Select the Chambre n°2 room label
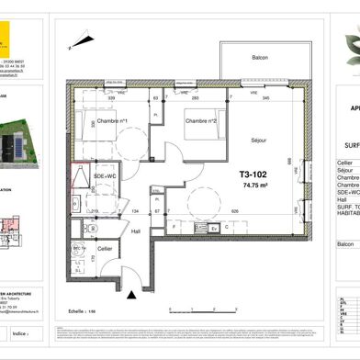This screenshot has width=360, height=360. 201,121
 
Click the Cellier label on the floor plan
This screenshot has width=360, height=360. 105,248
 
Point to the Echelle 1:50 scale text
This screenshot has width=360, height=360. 83,287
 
